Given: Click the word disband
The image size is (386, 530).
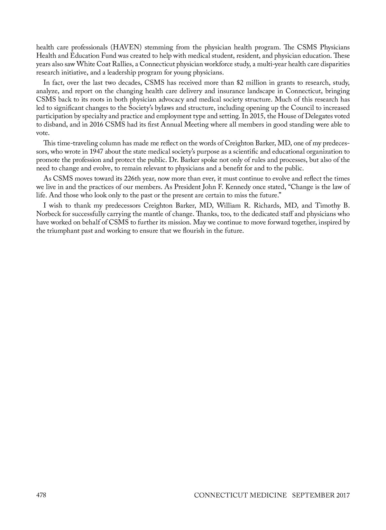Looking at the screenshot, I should tap(54, 125).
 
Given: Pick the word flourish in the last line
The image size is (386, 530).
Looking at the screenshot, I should tap(188, 231).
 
